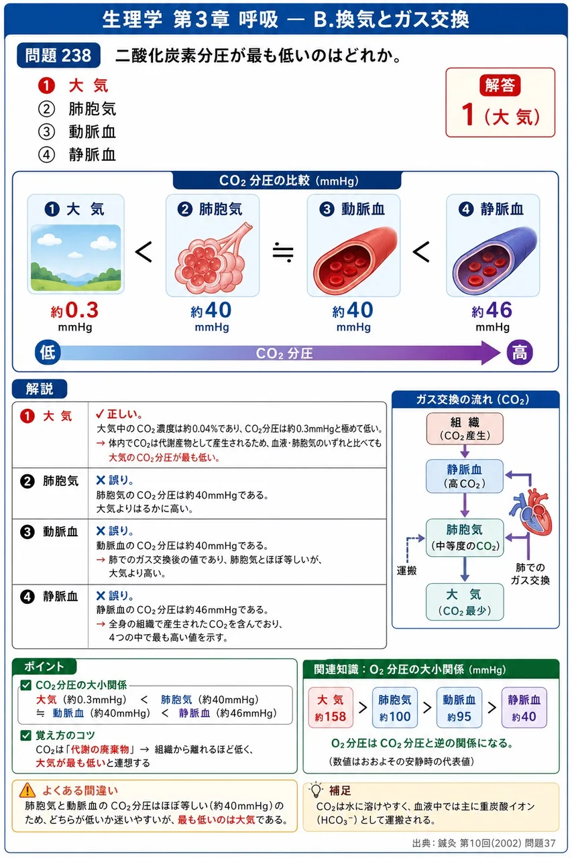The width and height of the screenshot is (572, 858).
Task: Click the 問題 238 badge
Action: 58,55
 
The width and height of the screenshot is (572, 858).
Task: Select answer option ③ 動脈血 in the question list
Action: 77,132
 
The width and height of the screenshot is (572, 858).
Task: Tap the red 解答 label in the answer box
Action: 500,85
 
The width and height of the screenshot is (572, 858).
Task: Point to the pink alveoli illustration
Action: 213,257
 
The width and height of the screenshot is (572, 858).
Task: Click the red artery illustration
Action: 354,261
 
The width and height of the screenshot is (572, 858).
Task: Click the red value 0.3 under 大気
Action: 82,310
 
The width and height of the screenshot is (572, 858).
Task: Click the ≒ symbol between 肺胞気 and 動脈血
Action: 283,253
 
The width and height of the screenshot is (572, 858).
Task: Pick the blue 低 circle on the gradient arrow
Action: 48,352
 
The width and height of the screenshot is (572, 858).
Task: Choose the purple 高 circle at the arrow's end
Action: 520,352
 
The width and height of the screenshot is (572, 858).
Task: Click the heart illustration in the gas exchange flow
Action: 532,511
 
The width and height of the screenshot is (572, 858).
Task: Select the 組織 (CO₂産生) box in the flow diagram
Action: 465,428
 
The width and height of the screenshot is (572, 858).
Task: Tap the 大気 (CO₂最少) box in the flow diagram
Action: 465,602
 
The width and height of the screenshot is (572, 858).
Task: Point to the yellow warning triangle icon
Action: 27,790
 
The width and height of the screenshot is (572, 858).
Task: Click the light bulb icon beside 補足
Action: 316,790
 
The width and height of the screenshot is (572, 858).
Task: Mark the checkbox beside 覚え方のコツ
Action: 25,735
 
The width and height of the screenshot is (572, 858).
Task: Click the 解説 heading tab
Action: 40,389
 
